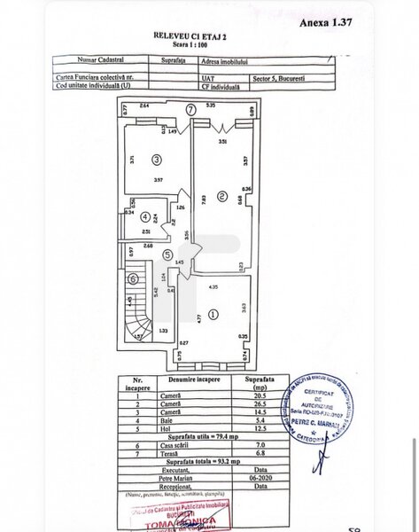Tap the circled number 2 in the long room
[223, 195]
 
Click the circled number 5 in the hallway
[167, 254]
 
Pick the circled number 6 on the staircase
[134, 278]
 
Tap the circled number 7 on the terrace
[191, 110]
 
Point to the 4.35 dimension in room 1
[213, 286]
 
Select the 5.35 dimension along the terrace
[212, 106]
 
